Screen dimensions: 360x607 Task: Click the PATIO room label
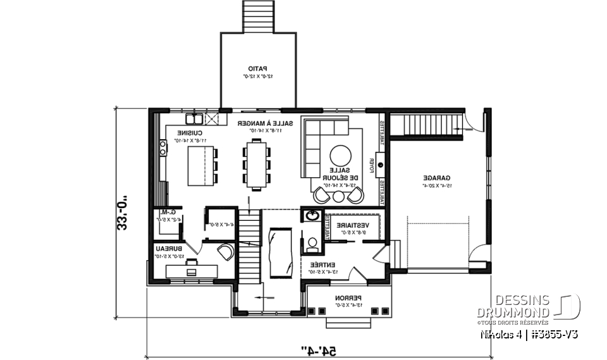pyautogui.click(x=257, y=68)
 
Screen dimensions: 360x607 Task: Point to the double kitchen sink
pyautogui.click(x=193, y=118)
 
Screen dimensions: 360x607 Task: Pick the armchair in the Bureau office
pyautogui.click(x=225, y=252)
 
